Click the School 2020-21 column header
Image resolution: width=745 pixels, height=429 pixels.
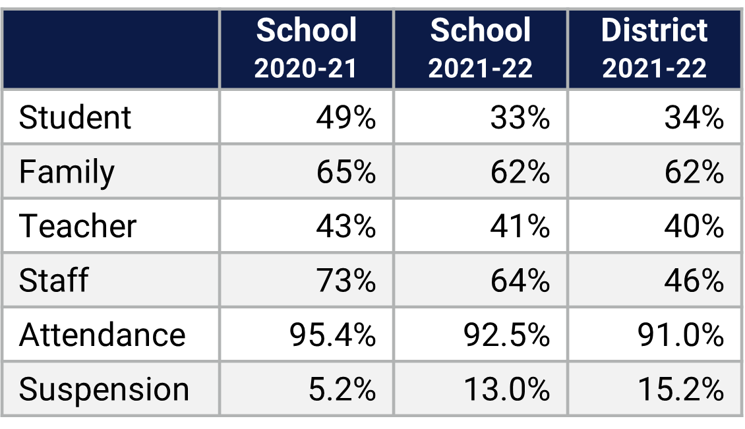point(306,49)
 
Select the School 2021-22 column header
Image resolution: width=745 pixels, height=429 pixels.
point(480,49)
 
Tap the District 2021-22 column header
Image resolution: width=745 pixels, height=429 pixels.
point(654,49)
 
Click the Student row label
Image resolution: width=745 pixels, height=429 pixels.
point(75,118)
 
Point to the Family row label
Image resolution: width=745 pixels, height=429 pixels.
point(67,173)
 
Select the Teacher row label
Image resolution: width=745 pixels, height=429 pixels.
point(78,227)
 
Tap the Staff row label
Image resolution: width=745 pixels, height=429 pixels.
point(53,281)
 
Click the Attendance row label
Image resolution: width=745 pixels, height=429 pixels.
point(102,335)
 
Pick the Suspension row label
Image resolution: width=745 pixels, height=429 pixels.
point(104,389)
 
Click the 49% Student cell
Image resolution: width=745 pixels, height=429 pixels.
point(345,118)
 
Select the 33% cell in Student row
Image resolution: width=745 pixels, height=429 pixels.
point(520,118)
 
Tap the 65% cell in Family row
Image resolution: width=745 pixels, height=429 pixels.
point(345,173)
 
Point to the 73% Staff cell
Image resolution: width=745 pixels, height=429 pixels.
point(345,281)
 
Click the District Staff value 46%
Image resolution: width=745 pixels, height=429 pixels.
point(694,281)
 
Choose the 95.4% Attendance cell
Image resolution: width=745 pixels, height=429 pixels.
point(332,335)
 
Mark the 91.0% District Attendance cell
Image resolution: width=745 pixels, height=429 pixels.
point(680,335)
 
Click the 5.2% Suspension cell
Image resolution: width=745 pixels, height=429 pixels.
point(342,389)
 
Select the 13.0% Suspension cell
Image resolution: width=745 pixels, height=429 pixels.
point(506,389)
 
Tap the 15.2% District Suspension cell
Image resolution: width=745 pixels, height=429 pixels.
point(680,389)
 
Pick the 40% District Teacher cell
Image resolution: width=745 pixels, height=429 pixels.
point(694,227)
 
